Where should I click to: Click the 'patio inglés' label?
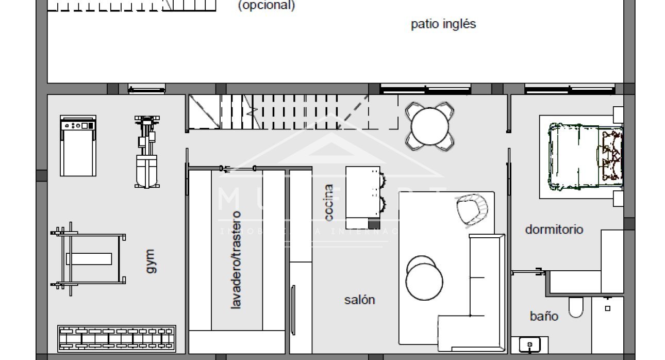[x=443, y=24]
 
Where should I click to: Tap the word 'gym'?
[x=149, y=261]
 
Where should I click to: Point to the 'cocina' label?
[x=329, y=202]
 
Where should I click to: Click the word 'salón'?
[x=359, y=300]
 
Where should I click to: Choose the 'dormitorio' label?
[x=554, y=230]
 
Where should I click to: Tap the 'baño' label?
[x=544, y=316]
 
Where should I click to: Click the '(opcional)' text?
[x=266, y=6]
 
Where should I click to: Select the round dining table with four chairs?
[x=430, y=126]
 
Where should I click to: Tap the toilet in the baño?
[x=576, y=307]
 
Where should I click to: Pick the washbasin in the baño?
[x=529, y=344]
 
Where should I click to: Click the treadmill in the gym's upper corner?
[x=78, y=145]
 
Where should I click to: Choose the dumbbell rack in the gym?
[x=117, y=338]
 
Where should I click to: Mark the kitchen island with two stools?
[x=363, y=197]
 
